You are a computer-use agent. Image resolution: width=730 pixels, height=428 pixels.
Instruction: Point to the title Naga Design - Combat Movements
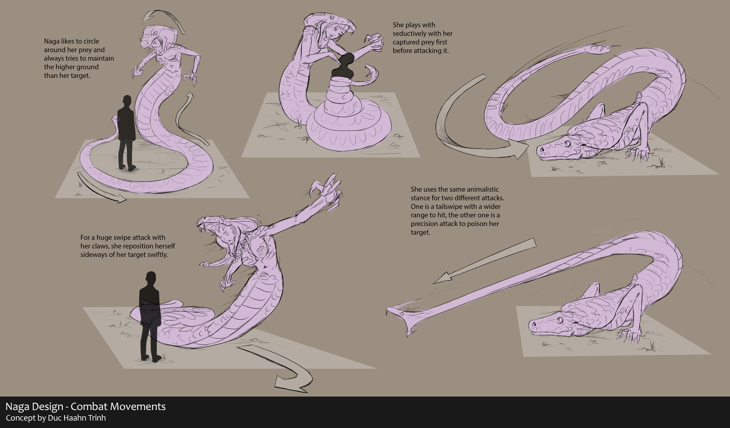click(x=86, y=407)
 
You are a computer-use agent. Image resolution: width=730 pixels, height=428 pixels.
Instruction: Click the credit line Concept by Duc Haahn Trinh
click(x=56, y=418)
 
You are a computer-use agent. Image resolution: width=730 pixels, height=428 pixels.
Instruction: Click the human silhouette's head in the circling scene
click(x=126, y=101)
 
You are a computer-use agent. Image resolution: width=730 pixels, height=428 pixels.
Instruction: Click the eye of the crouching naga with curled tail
click(x=567, y=143)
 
